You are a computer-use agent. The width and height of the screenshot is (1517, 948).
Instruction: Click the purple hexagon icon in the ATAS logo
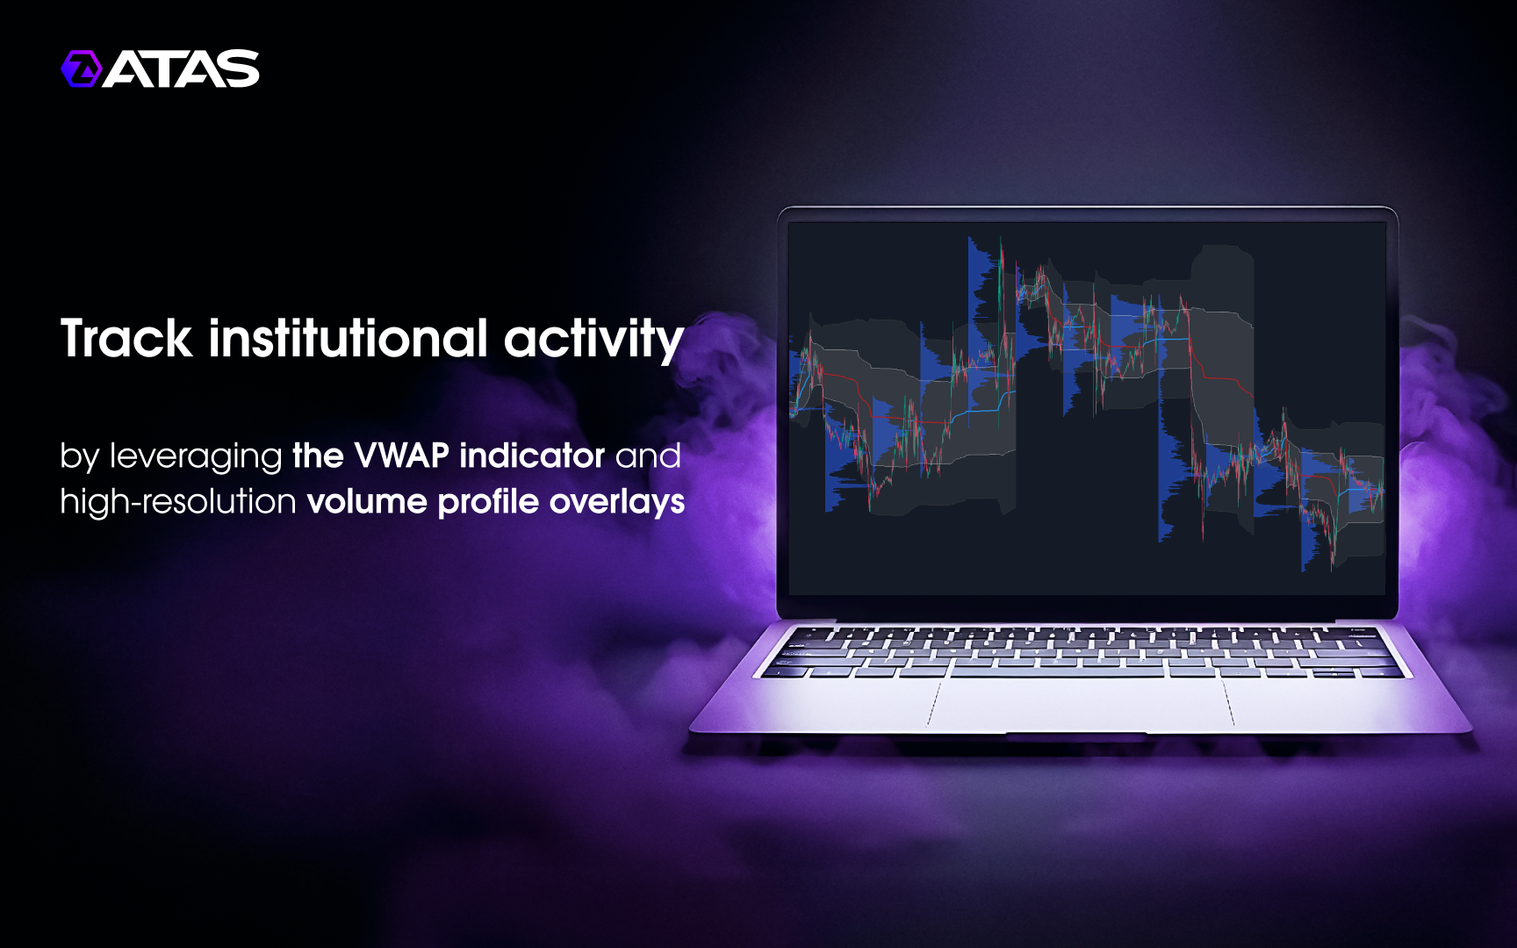82,68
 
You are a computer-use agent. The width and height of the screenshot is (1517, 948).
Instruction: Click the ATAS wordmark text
182,68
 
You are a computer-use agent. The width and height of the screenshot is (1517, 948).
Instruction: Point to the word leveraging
196,457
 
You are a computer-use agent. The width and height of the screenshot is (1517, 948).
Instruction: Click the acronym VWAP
401,456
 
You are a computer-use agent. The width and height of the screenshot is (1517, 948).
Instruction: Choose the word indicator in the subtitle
532,456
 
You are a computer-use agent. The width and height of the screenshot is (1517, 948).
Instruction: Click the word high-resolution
178,502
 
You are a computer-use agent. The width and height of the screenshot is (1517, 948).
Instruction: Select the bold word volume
367,502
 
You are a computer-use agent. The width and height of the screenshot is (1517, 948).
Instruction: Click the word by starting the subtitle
79,457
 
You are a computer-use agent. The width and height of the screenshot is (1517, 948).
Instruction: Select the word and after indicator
648,456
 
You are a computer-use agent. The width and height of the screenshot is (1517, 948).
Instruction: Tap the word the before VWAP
318,456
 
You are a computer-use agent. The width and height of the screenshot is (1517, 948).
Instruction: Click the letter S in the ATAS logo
240,68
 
